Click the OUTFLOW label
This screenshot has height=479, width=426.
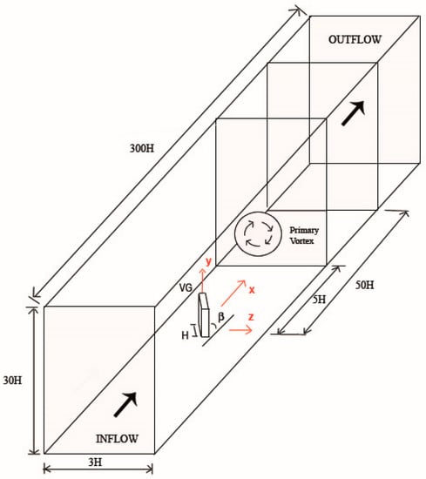click(x=355, y=39)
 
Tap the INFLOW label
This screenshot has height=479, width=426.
click(x=117, y=439)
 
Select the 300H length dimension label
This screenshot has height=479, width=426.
click(x=142, y=148)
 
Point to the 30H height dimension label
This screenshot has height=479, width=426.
click(x=12, y=381)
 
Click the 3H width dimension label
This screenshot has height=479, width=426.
click(x=95, y=462)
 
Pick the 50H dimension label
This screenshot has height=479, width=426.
click(x=364, y=285)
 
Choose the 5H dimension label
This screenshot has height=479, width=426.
click(x=319, y=300)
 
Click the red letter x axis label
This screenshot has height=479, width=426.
click(x=252, y=290)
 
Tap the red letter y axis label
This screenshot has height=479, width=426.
click(x=208, y=261)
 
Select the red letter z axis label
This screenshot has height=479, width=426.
click(x=251, y=317)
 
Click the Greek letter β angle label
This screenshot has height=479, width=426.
click(x=221, y=317)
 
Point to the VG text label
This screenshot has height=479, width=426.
click(x=186, y=287)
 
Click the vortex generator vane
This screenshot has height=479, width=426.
click(x=204, y=315)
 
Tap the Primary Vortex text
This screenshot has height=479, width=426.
click(x=304, y=235)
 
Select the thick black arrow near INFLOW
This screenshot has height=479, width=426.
click(x=125, y=404)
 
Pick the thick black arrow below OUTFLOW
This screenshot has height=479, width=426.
click(x=354, y=113)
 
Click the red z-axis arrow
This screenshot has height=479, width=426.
click(x=240, y=329)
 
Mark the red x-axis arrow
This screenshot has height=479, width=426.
click(x=233, y=293)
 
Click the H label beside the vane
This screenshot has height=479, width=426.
click(x=186, y=335)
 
